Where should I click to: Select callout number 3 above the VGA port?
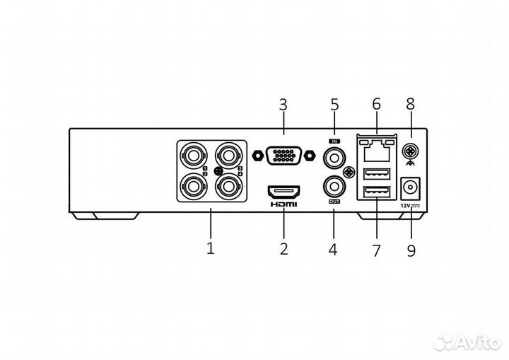pos(283,105)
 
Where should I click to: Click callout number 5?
pos(334,105)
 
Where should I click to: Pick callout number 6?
pos(376,105)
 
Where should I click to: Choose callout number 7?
pos(376,249)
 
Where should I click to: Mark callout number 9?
pos(411,249)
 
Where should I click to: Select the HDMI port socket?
pos(283,191)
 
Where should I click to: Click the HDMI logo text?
pos(283,204)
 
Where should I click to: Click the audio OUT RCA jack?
pos(334,186)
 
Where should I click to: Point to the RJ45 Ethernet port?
pos(376,150)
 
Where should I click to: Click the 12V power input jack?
pos(409,189)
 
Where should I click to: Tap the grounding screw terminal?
pos(409,150)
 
